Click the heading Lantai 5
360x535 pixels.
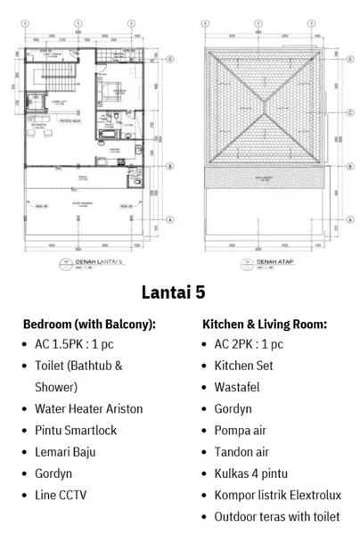point(179,292)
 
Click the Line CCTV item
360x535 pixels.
point(67,495)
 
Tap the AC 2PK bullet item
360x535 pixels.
point(249,344)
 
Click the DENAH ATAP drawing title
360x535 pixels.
point(271,263)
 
